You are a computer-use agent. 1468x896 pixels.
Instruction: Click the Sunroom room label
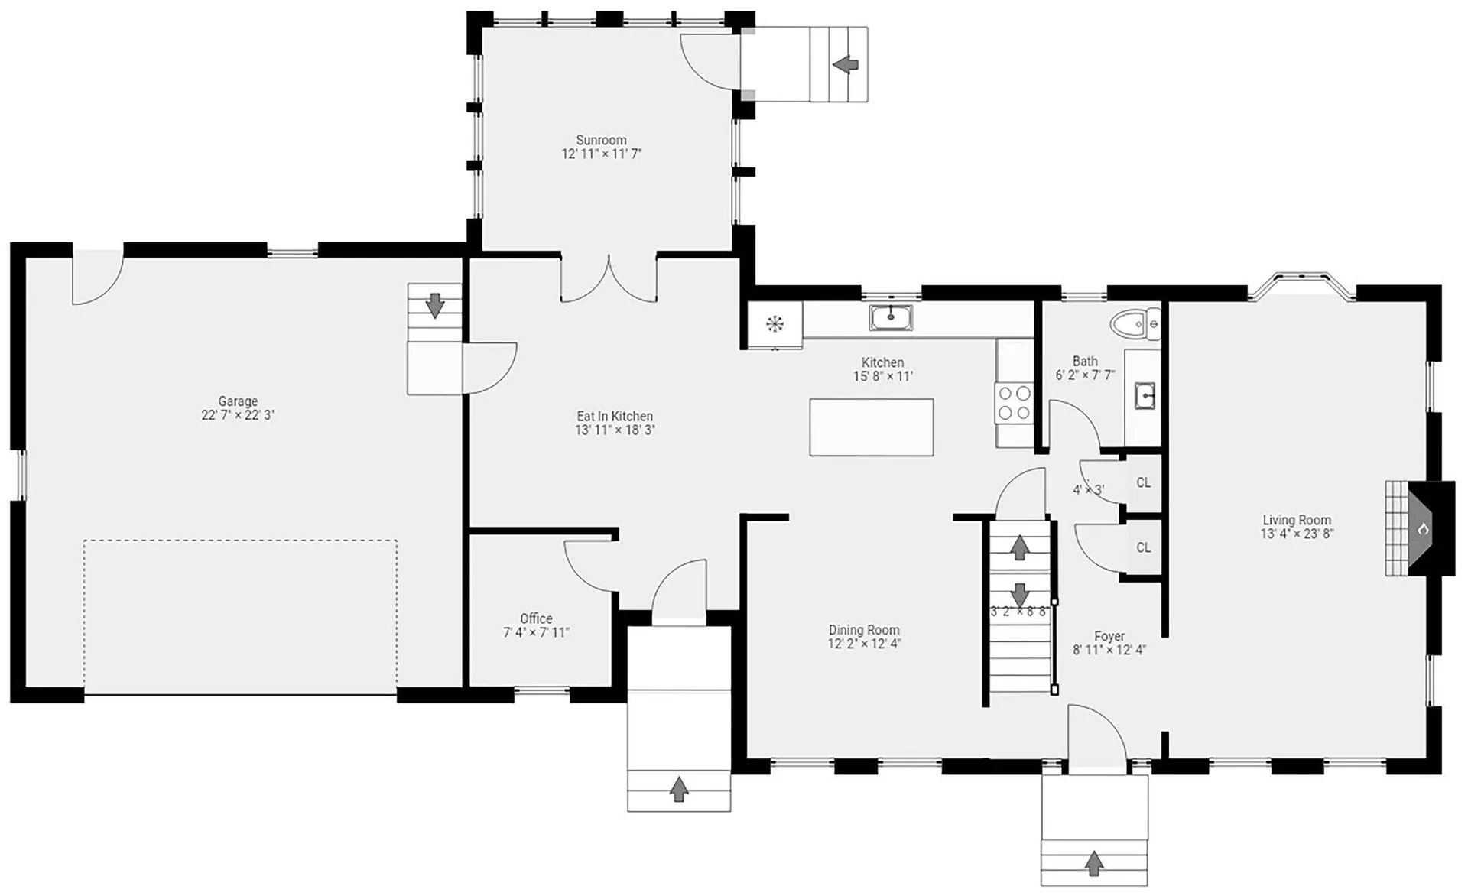click(601, 140)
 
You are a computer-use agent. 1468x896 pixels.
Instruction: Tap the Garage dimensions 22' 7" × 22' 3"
click(238, 415)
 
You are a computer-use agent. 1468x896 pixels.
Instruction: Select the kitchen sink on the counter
click(891, 317)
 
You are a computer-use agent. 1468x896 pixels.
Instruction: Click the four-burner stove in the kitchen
click(1014, 403)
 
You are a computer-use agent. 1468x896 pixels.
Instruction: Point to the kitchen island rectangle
click(872, 427)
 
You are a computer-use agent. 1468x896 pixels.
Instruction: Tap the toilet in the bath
click(1135, 325)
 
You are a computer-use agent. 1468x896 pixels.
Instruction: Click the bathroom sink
click(1144, 396)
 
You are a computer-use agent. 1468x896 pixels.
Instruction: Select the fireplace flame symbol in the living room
click(1424, 528)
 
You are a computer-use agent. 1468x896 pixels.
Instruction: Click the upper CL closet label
click(1143, 482)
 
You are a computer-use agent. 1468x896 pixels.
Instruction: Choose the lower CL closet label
click(1143, 547)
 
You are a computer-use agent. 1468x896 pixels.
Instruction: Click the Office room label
click(536, 618)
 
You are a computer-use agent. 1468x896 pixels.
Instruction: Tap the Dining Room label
click(864, 630)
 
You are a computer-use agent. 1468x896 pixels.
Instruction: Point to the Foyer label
click(1109, 636)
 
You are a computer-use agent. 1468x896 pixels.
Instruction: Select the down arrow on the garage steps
click(435, 305)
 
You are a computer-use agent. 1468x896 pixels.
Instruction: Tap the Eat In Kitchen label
click(615, 416)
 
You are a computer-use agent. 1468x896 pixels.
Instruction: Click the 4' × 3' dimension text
click(1088, 490)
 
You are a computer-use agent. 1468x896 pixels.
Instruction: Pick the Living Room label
click(1297, 520)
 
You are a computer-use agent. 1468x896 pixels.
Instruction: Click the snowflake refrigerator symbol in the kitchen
click(775, 324)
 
